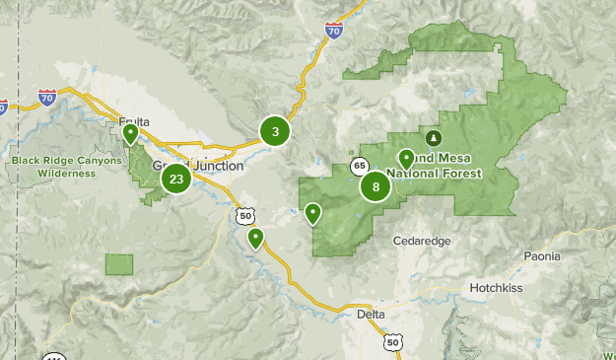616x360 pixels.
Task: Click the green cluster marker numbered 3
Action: tap(275, 130)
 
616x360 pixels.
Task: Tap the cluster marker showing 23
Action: tap(176, 179)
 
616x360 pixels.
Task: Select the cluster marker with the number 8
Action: tap(376, 186)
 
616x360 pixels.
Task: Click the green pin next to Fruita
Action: tap(130, 134)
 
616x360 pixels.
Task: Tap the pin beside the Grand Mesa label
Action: tap(406, 158)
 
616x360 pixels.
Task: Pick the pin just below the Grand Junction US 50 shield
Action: tap(256, 238)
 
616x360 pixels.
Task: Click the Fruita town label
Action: tap(134, 121)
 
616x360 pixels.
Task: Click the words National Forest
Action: tap(435, 173)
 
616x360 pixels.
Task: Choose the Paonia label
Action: tap(542, 256)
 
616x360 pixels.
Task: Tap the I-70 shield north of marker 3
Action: tap(333, 32)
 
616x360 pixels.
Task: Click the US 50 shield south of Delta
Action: tap(393, 341)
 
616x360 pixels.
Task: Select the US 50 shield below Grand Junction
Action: tap(244, 214)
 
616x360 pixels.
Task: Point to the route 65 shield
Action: tap(360, 166)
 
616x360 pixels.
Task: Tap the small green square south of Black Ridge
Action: tap(119, 264)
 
